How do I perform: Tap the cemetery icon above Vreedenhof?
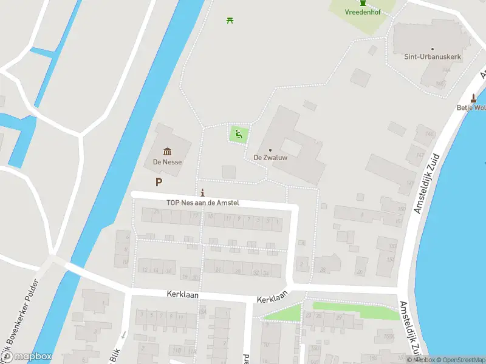[363, 3]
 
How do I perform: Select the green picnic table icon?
[230, 20]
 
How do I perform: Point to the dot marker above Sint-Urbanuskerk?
[433, 49]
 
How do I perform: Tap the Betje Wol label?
[471, 108]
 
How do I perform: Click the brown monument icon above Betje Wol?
[474, 98]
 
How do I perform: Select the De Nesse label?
[167, 162]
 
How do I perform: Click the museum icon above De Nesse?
[167, 152]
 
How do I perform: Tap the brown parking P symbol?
[159, 182]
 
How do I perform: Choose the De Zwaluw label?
[270, 158]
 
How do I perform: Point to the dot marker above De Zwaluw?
[270, 150]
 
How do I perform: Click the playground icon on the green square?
[239, 134]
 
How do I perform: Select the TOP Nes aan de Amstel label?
[203, 203]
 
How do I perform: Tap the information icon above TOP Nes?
[202, 194]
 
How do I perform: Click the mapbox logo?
[26, 357]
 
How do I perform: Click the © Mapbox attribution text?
[420, 360]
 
